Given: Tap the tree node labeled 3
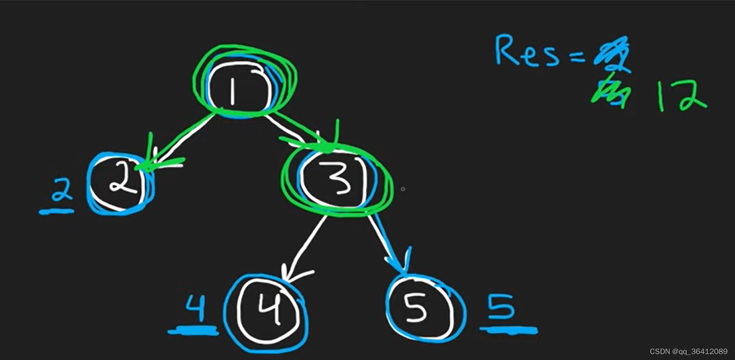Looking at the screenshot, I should click(338, 179).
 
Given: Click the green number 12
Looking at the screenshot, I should click(681, 95).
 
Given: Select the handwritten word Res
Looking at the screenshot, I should click(526, 51).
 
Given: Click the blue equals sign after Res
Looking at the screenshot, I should click(577, 57).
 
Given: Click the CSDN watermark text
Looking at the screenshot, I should click(688, 351).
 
